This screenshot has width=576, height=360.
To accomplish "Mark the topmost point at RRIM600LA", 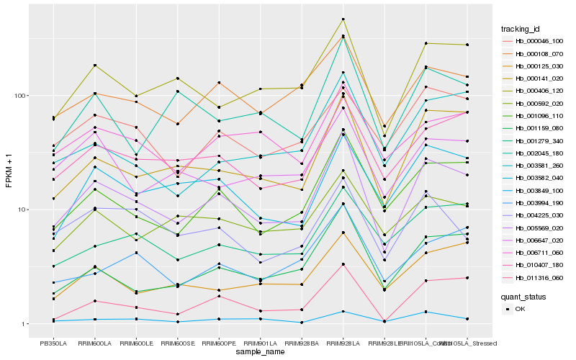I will tap(95, 66).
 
